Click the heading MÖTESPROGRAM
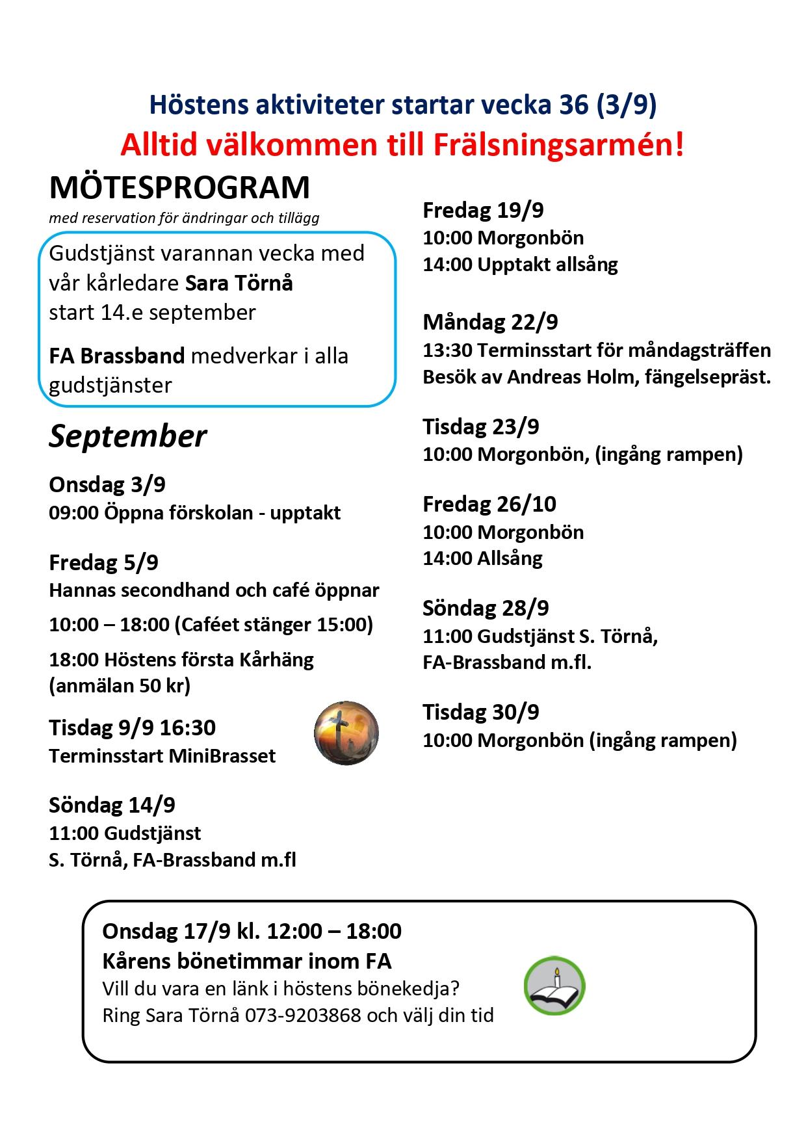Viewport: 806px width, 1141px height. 179,189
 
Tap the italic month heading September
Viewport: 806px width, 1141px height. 128,436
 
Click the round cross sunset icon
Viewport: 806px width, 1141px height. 346,733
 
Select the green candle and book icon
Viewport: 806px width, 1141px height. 554,986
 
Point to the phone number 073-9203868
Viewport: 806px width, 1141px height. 302,1015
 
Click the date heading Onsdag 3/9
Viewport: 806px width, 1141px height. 107,484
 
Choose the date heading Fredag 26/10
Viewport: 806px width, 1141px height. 489,504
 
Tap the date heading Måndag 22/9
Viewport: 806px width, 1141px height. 490,322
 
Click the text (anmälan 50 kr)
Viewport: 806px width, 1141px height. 120,686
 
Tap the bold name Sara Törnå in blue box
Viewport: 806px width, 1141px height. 239,283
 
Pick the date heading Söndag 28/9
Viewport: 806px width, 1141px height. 486,608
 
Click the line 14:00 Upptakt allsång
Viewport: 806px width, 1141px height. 520,265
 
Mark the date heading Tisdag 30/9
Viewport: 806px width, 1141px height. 481,712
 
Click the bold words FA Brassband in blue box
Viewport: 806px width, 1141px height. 117,356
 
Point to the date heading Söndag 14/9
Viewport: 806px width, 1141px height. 112,805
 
